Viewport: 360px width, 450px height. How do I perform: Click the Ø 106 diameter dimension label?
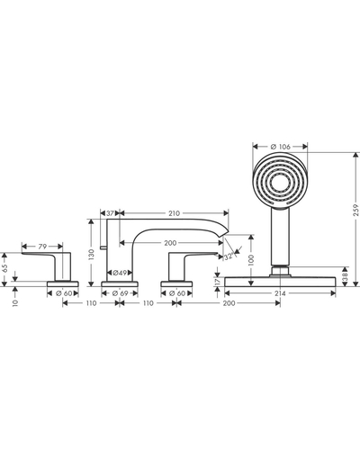[280, 147]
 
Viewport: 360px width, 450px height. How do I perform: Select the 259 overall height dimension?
[355, 210]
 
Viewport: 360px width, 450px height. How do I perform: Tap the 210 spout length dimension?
[174, 213]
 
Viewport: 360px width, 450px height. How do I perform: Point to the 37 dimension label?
[110, 213]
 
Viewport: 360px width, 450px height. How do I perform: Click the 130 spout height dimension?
[91, 254]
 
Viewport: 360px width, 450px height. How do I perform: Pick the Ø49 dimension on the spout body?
[120, 273]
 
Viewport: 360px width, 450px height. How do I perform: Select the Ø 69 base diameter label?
[120, 293]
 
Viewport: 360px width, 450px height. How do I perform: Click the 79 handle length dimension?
[42, 247]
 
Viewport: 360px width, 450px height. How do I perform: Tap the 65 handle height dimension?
[4, 269]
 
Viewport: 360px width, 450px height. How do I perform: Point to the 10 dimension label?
[15, 302]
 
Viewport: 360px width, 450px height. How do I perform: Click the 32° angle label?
[229, 256]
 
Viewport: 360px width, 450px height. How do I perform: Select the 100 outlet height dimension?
[251, 260]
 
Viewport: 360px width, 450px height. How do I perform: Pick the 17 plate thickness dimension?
[218, 282]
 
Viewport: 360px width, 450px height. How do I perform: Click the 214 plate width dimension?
[280, 293]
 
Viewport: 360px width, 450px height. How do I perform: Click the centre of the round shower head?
[280, 180]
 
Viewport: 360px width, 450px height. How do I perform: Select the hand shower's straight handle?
[280, 237]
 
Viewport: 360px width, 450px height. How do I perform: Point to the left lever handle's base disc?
[63, 283]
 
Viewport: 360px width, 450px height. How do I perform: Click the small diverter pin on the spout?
[103, 247]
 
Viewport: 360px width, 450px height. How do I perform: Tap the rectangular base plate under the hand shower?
[280, 282]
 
